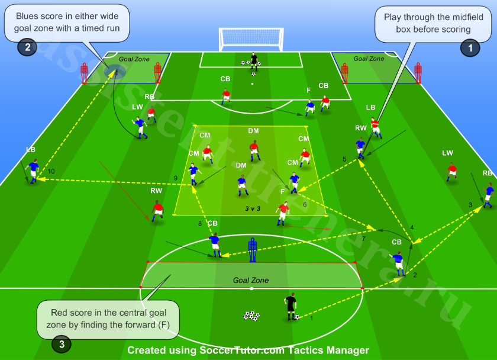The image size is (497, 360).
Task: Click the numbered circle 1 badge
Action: [470, 48]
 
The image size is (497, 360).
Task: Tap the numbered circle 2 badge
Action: [28, 47]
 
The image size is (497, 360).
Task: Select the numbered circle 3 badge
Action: [62, 344]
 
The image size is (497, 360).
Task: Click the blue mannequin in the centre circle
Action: [252, 250]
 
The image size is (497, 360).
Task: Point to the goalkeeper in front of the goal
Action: [254, 61]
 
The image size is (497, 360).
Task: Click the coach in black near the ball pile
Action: [291, 306]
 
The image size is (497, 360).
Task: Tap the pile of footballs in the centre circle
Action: [251, 316]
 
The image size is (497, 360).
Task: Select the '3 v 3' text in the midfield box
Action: [253, 208]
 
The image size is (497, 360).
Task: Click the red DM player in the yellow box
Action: [254, 151]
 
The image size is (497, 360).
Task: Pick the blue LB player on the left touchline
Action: [33, 171]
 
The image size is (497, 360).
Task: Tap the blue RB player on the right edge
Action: [489, 195]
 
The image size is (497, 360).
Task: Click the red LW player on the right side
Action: [451, 172]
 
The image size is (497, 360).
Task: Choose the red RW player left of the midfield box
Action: [157, 211]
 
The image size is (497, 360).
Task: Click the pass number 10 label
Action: [51, 171]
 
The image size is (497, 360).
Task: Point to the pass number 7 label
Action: [363, 239]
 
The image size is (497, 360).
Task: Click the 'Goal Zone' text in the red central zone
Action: [251, 281]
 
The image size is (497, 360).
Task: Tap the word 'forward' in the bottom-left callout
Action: [140, 325]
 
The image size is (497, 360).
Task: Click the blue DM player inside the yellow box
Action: [243, 185]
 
